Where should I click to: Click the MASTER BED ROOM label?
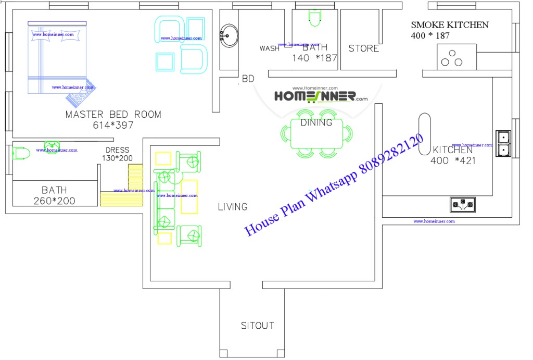coord(113,114)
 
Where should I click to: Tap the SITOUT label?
coord(257,326)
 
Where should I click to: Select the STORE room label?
coord(363,48)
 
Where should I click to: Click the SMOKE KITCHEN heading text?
coord(450,24)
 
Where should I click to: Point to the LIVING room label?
coord(233,207)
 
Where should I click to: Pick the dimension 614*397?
coord(113,125)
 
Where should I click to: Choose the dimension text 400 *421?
coord(453,161)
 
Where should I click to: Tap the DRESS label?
coord(117,150)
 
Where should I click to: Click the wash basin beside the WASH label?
coord(229,35)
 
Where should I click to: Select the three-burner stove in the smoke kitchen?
coord(451,58)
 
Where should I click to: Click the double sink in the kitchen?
coord(504,143)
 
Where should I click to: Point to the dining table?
coord(316,133)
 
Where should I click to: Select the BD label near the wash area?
coord(248,79)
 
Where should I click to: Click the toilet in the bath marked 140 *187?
coord(314,19)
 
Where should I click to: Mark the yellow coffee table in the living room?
coord(189,196)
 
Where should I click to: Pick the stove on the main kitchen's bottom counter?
coord(462,204)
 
